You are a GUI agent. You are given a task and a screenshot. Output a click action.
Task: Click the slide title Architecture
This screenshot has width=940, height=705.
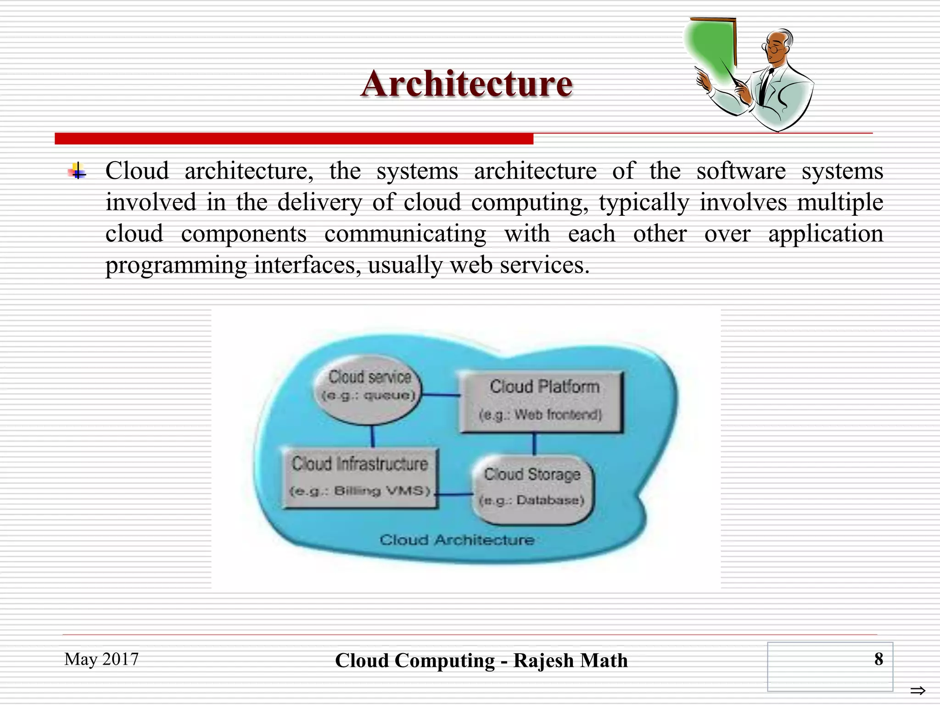(466, 84)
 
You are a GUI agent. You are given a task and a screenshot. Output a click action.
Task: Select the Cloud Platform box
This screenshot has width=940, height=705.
(542, 402)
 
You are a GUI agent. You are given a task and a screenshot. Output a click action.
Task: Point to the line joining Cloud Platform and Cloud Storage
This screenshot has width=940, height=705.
(534, 444)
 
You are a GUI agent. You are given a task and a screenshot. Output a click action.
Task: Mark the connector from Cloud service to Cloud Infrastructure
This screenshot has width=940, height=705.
(372, 436)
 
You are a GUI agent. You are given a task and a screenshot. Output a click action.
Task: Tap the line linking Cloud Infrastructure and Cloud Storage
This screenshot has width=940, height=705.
(454, 494)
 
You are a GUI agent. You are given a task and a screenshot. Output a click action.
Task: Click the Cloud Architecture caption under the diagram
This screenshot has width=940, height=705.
(457, 540)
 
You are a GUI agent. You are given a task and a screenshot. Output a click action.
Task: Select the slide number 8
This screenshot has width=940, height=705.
(878, 659)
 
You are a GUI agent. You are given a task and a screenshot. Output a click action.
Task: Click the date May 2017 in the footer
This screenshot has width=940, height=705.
(101, 659)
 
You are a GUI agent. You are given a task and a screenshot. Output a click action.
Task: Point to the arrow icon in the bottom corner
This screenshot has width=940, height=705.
(918, 690)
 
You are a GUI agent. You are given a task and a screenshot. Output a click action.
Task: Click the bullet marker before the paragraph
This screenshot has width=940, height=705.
(78, 172)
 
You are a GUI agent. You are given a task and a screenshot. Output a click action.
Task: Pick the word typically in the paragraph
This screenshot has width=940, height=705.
(643, 202)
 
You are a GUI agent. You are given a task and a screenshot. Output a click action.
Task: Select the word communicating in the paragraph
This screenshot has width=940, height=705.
(405, 234)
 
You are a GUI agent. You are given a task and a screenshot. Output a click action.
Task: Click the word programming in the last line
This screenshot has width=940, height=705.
(176, 265)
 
